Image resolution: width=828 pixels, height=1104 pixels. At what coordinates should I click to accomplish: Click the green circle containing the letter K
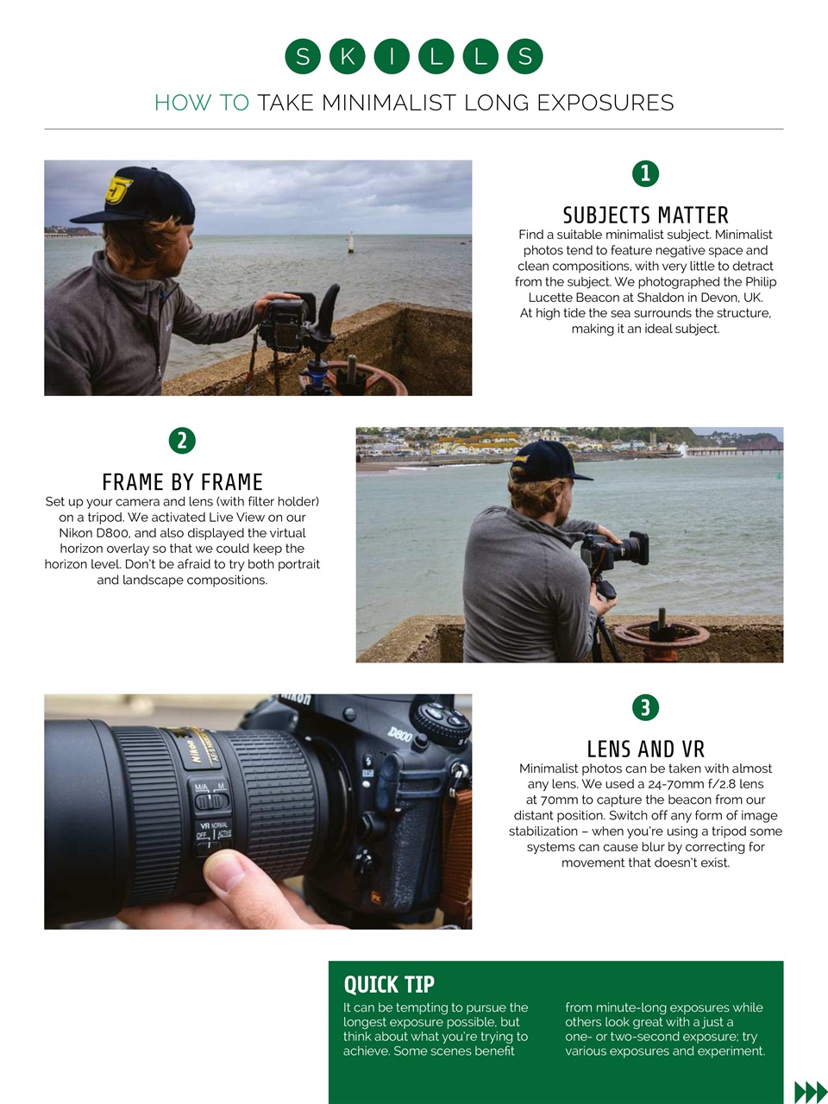click(347, 57)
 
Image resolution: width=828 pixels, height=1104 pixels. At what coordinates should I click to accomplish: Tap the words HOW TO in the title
click(201, 103)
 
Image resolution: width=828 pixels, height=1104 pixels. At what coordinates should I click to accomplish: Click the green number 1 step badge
click(645, 173)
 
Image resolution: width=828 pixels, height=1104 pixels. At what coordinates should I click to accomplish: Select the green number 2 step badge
click(182, 441)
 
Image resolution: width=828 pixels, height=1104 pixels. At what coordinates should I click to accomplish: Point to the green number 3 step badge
click(645, 708)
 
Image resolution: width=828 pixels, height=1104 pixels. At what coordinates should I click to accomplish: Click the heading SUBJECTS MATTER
click(645, 215)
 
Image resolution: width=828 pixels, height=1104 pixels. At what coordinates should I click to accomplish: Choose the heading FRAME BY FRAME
click(182, 481)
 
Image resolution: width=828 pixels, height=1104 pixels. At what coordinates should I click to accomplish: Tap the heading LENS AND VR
click(645, 749)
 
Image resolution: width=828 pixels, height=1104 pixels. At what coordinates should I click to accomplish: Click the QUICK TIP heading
click(389, 985)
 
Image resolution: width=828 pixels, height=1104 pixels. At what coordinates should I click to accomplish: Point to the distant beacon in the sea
click(351, 242)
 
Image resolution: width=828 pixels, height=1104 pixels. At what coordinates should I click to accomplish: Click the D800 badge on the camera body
click(399, 734)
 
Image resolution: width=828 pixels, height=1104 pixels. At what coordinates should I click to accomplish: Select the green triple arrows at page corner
click(810, 1091)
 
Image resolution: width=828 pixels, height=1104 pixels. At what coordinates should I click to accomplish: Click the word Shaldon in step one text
click(660, 298)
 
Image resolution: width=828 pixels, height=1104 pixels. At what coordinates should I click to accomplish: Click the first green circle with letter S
click(303, 57)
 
